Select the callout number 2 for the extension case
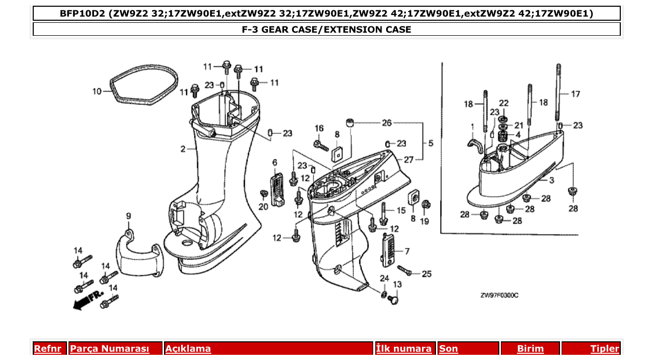183,149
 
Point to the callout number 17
575,94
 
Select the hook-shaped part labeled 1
473,145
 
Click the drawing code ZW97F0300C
499,296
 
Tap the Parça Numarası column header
110,349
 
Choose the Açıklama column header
188,349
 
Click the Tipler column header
605,349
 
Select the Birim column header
530,349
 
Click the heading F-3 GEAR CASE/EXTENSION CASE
326,30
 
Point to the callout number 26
387,123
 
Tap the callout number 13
397,284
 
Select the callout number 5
430,143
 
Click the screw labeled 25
405,270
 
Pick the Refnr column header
47,349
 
